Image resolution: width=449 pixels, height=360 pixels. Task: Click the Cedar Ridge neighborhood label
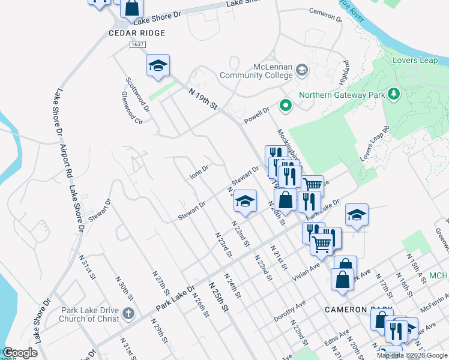(136, 33)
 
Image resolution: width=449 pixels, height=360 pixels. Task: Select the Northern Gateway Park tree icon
(393, 94)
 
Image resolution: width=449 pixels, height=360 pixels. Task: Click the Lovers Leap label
(415, 61)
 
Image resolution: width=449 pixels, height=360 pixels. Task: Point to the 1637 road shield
(137, 44)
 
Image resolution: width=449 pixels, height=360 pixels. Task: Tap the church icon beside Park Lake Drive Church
(128, 313)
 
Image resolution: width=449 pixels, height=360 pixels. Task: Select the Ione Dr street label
(199, 172)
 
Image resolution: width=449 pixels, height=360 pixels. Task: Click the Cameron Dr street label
(325, 14)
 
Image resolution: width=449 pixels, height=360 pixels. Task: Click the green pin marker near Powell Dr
(286, 106)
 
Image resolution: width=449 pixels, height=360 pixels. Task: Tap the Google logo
(20, 353)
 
